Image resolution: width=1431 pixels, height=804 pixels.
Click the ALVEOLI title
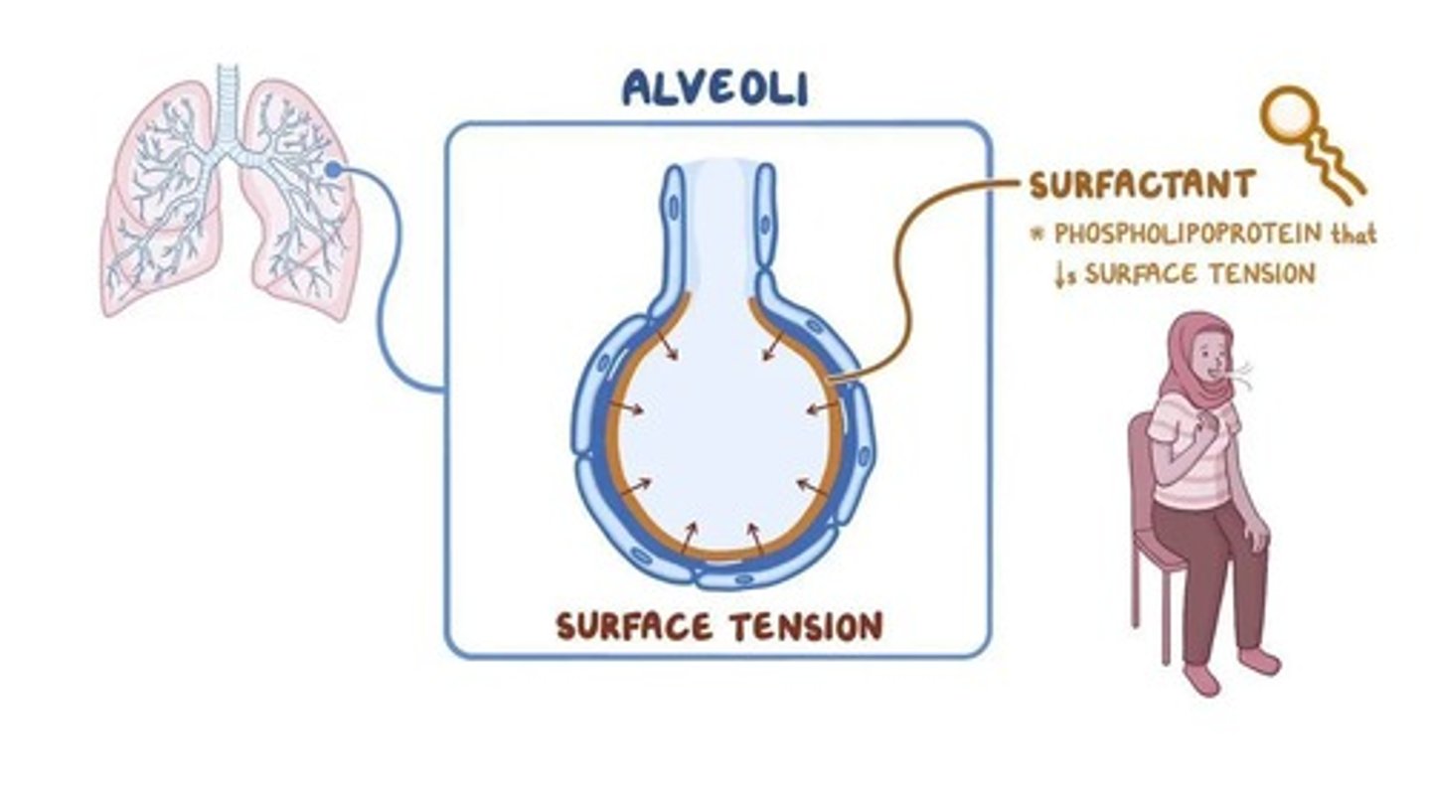(715, 88)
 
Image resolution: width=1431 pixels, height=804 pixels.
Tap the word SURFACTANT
(1142, 185)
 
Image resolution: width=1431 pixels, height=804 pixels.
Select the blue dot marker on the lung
(334, 172)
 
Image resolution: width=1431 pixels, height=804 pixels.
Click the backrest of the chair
(1141, 477)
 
